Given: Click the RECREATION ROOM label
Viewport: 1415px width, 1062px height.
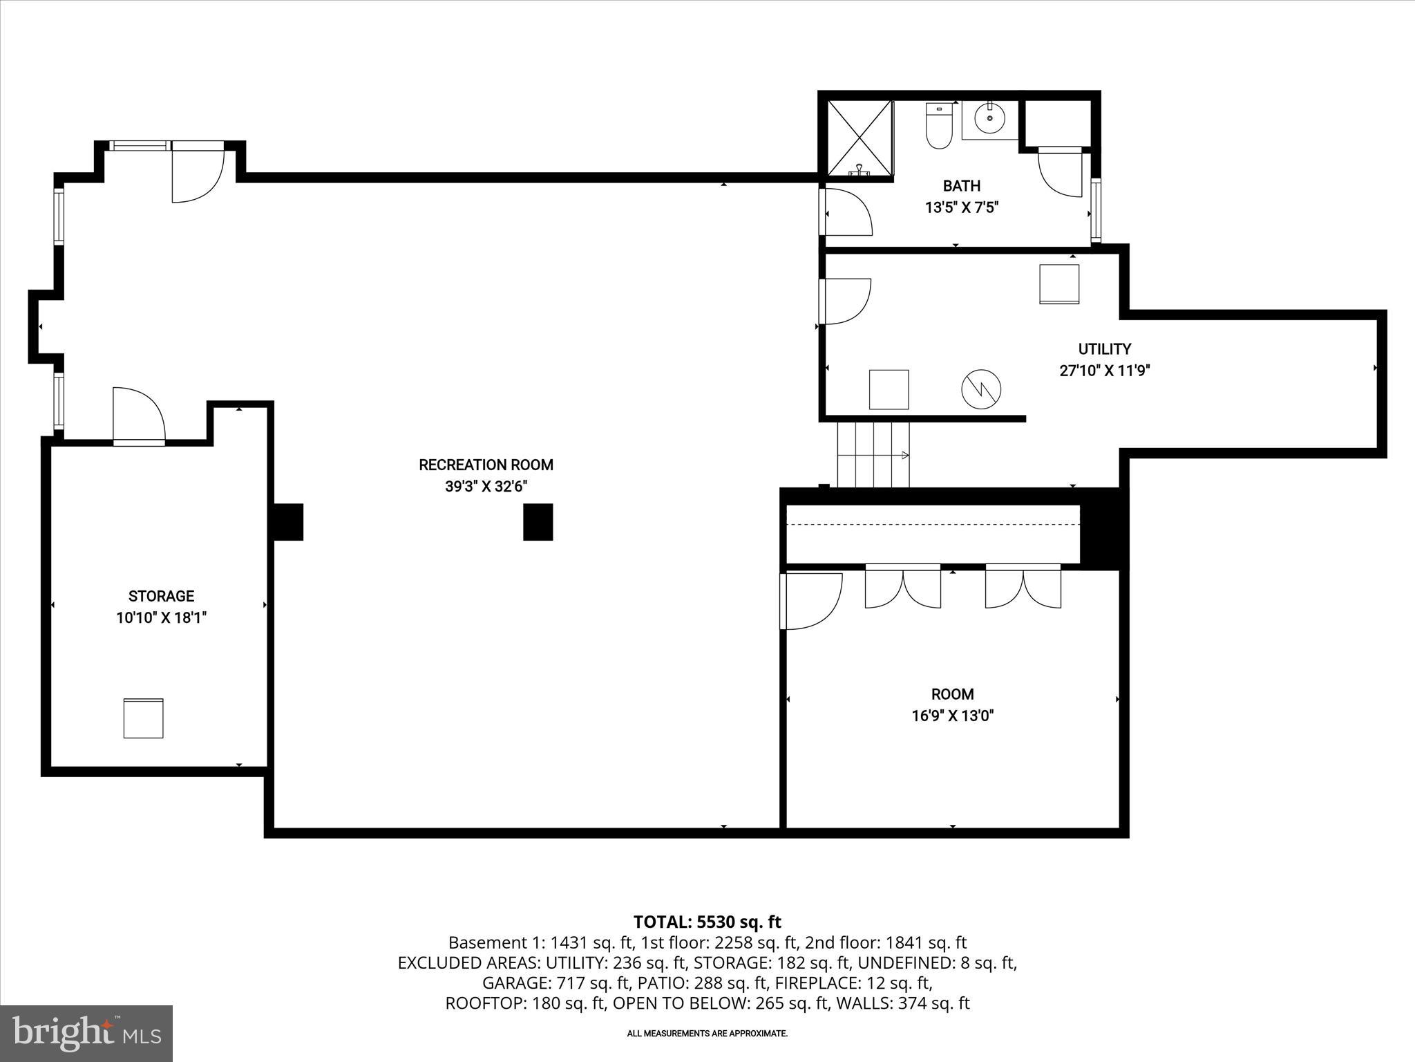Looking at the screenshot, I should (x=486, y=465).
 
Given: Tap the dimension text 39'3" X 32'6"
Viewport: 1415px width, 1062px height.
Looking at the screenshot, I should (x=486, y=487).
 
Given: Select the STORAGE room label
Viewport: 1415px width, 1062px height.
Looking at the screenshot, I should (x=161, y=596).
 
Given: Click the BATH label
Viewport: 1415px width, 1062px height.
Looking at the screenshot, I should (x=961, y=185).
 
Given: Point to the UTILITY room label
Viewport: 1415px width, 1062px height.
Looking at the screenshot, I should (x=1104, y=349).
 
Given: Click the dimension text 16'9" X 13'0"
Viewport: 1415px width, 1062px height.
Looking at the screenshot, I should (x=952, y=716).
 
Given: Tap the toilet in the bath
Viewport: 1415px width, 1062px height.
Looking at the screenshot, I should (x=938, y=127).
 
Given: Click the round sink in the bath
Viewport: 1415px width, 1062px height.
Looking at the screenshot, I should (x=990, y=119).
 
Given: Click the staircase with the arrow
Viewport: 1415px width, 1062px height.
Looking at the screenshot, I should (x=873, y=455).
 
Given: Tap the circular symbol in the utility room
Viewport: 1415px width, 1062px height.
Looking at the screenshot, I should (x=981, y=389).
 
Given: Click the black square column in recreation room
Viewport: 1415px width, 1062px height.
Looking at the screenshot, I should (x=538, y=522).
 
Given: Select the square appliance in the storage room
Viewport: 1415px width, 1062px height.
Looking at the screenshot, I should (x=144, y=718).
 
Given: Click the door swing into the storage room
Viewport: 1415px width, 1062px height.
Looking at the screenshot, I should (x=138, y=416).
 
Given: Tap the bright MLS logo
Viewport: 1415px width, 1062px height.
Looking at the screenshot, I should (x=86, y=1033).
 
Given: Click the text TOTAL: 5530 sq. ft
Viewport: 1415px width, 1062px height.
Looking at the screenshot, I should (x=707, y=922).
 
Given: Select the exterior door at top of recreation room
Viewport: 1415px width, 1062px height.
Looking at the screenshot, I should (x=197, y=171).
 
